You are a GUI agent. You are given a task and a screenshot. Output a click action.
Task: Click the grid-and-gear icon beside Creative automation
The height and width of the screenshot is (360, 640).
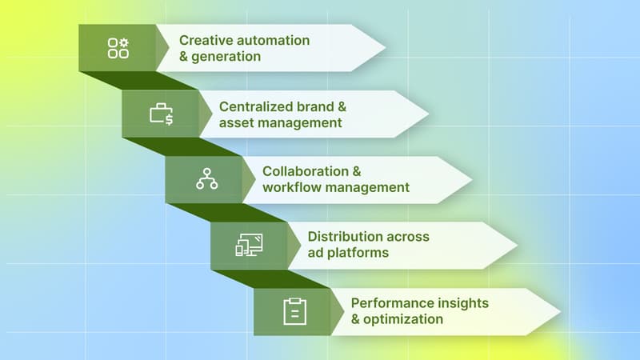[118, 48]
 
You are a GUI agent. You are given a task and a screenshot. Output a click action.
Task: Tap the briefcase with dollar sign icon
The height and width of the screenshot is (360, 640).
[162, 114]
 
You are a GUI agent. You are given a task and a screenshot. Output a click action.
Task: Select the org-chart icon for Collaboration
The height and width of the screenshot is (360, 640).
[206, 180]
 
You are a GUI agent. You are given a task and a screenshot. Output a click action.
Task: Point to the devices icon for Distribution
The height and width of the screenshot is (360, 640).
[249, 246]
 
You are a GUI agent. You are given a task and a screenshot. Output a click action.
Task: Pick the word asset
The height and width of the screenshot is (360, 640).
[237, 123]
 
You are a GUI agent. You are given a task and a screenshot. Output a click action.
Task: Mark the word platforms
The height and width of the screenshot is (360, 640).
[358, 254]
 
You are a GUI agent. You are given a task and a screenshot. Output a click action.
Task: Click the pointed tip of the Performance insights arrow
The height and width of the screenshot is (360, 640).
[559, 311]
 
